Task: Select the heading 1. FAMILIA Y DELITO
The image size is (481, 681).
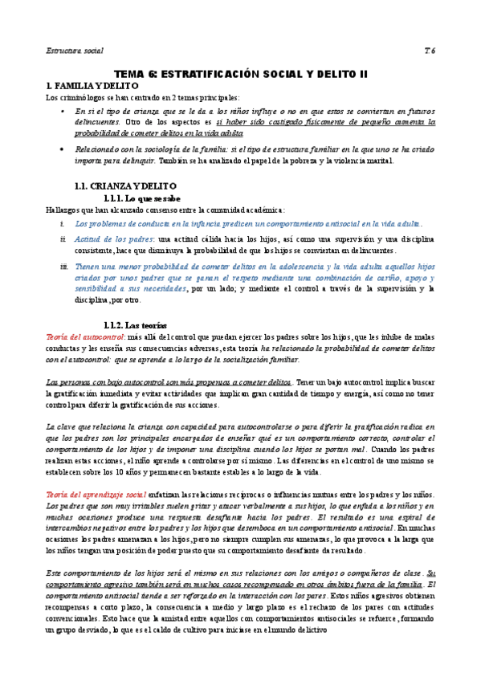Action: [93, 85]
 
